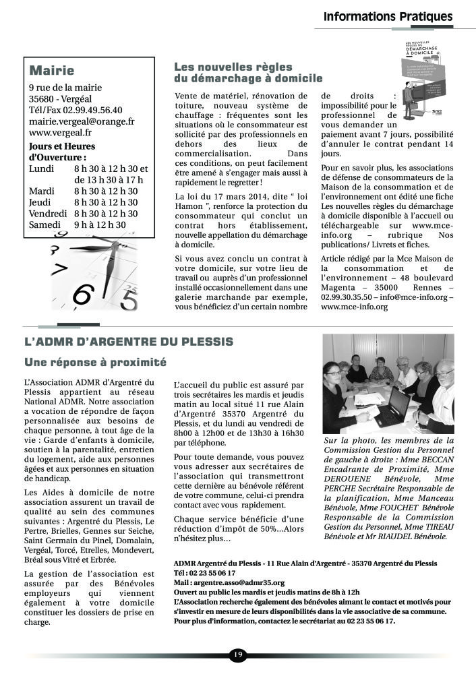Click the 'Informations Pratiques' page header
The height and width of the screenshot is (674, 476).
388,16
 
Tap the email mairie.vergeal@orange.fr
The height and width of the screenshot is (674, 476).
82,121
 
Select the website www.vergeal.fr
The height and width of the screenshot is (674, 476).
61,133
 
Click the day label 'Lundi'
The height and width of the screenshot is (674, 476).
42,168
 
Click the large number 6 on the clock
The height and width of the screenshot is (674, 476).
82,295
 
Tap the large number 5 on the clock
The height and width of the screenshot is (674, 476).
129,299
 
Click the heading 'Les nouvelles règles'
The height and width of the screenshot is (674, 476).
233,67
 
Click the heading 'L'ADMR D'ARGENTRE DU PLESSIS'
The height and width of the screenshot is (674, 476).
128,342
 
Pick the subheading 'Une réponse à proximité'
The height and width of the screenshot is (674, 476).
95,362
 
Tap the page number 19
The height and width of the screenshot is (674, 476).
238,654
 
